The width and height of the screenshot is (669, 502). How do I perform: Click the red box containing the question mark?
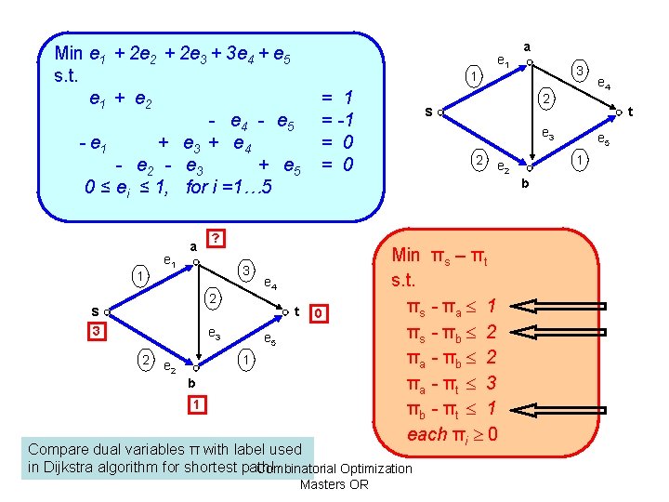coord(216,238)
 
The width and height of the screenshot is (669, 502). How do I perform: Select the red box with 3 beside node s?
coord(94,330)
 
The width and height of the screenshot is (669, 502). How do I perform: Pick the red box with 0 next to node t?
coord(319,313)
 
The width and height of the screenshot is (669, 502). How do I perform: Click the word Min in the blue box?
coord(68,54)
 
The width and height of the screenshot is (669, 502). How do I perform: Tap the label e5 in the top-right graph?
coord(603,141)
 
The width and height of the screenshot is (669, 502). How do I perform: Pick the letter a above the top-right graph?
coord(527,45)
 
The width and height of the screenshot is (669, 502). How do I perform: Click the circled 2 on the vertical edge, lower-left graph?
coord(213,299)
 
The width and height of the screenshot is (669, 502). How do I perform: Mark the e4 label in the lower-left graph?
coord(270,283)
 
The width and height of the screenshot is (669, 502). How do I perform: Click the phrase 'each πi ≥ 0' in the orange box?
coord(451,433)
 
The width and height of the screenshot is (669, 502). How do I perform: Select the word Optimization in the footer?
coord(376,468)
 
